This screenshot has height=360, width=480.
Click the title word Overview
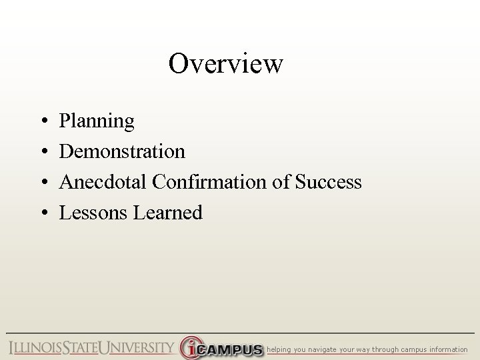point(226,64)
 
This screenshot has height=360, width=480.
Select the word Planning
point(97,122)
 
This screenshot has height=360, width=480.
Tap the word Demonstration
point(122,151)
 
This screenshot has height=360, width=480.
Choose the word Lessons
point(94,212)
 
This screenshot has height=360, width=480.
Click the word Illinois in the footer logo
point(35,348)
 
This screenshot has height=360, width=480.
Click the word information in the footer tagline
point(450,349)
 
